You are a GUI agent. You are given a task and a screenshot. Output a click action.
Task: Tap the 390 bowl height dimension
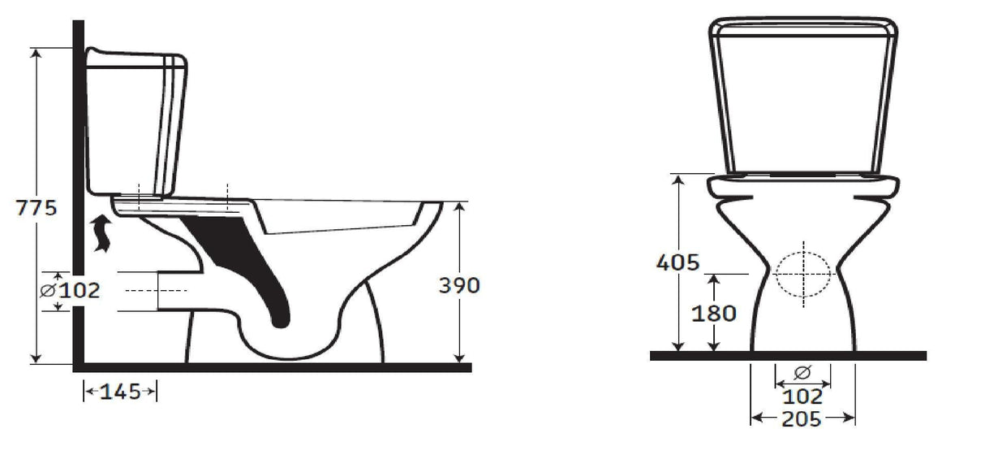(459, 285)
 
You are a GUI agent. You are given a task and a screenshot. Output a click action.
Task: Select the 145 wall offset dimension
(120, 392)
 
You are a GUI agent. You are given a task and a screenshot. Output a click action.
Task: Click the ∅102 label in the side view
(71, 290)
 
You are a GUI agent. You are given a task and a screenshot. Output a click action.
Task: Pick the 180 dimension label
(714, 313)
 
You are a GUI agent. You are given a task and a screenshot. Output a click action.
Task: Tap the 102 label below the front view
(803, 397)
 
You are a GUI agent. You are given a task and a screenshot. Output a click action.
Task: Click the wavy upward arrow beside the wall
(101, 234)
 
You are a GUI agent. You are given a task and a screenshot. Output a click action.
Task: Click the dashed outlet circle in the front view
(802, 275)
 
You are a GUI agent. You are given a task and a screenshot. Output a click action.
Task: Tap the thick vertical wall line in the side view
(80, 162)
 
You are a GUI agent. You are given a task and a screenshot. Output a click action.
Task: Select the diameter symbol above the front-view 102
(802, 373)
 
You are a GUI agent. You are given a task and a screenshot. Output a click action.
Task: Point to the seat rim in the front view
(803, 187)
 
